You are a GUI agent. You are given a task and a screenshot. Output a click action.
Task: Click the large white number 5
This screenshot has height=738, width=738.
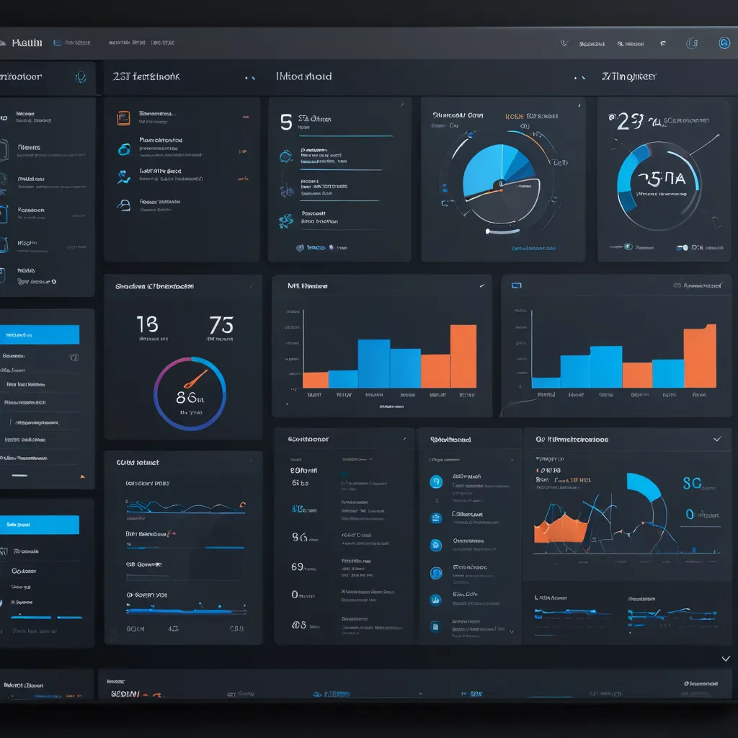pyautogui.click(x=286, y=121)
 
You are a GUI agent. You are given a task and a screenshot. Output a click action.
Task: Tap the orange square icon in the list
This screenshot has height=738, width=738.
pyautogui.click(x=123, y=116)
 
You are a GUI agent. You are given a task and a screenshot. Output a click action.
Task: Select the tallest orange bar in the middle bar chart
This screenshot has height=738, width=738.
pyautogui.click(x=463, y=356)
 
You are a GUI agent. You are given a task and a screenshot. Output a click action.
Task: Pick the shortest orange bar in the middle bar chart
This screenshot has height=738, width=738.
pyautogui.click(x=315, y=380)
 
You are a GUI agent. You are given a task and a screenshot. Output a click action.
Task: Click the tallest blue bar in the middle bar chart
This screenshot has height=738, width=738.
pyautogui.click(x=373, y=363)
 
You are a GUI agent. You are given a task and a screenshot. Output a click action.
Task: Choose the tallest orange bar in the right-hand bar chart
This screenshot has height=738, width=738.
pyautogui.click(x=699, y=356)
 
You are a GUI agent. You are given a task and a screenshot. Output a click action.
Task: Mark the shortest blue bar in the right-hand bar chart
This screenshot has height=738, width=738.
pyautogui.click(x=546, y=383)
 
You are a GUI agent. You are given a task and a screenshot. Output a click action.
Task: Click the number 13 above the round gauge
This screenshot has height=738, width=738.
pyautogui.click(x=147, y=324)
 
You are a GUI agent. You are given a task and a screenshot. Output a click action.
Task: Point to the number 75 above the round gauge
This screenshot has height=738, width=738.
pyautogui.click(x=221, y=324)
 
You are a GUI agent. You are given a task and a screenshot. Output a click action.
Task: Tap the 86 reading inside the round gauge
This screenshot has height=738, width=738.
pyautogui.click(x=186, y=396)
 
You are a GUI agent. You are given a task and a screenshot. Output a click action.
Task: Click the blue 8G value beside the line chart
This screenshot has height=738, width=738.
pyautogui.click(x=691, y=483)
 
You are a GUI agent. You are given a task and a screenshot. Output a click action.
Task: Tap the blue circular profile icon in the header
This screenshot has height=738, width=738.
pyautogui.click(x=724, y=43)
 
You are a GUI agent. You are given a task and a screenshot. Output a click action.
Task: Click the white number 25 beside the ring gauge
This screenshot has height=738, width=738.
pyautogui.click(x=626, y=122)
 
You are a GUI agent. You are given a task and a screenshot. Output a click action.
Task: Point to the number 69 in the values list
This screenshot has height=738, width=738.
pyautogui.click(x=297, y=566)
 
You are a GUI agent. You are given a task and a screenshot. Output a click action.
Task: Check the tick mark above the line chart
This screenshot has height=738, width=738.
pyautogui.click(x=716, y=438)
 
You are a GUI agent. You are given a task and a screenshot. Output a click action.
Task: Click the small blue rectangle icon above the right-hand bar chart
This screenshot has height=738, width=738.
pyautogui.click(x=516, y=285)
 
